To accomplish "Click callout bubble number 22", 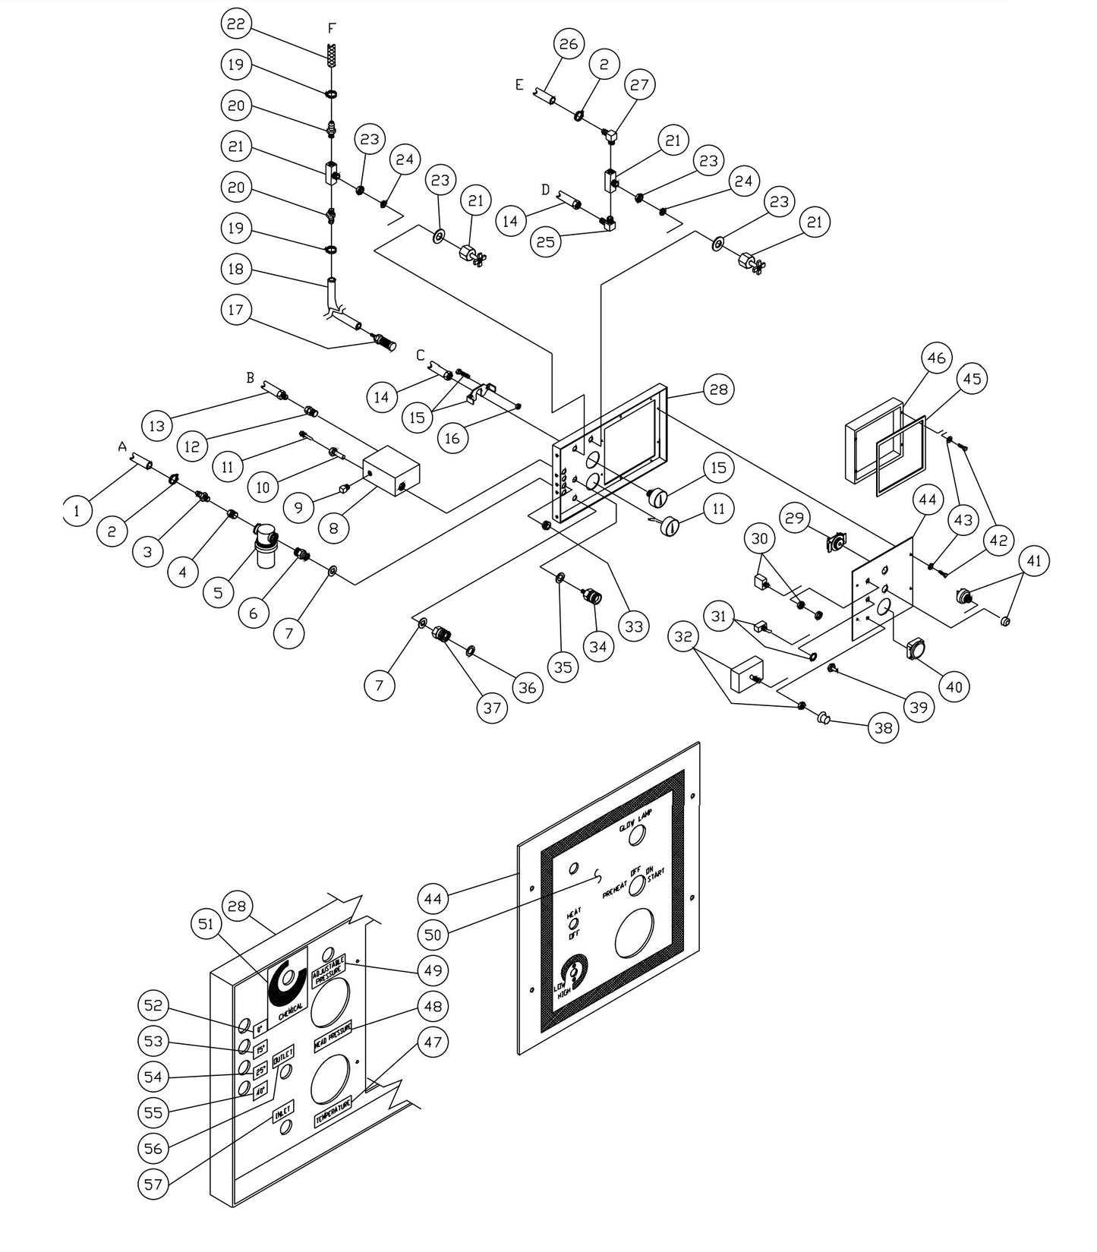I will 236,24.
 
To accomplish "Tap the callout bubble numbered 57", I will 153,1184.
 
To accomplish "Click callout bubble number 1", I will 77,512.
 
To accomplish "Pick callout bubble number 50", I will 433,935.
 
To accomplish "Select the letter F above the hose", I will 331,28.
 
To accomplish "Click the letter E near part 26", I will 519,84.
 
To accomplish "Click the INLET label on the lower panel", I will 282,1113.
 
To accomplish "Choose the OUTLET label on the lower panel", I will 282,1056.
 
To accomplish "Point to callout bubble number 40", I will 954,686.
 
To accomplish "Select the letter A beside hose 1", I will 122,448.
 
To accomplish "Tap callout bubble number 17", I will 236,310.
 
